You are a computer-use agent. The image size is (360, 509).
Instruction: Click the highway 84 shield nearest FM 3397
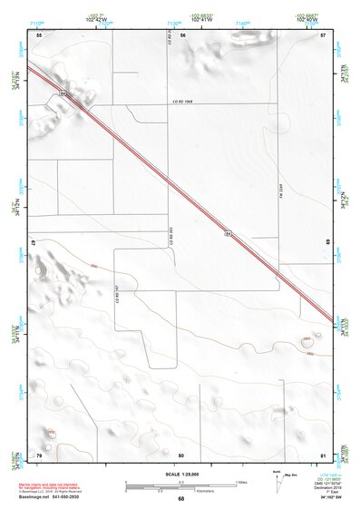pyautogui.click(x=228, y=234)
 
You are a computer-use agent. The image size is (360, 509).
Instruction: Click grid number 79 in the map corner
pyautogui.click(x=38, y=454)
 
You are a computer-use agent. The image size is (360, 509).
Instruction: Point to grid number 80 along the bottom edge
pyautogui.click(x=181, y=454)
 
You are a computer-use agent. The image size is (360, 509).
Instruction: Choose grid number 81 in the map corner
pyautogui.click(x=323, y=454)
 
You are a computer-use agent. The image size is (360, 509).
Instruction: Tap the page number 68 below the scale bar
pyautogui.click(x=180, y=499)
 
